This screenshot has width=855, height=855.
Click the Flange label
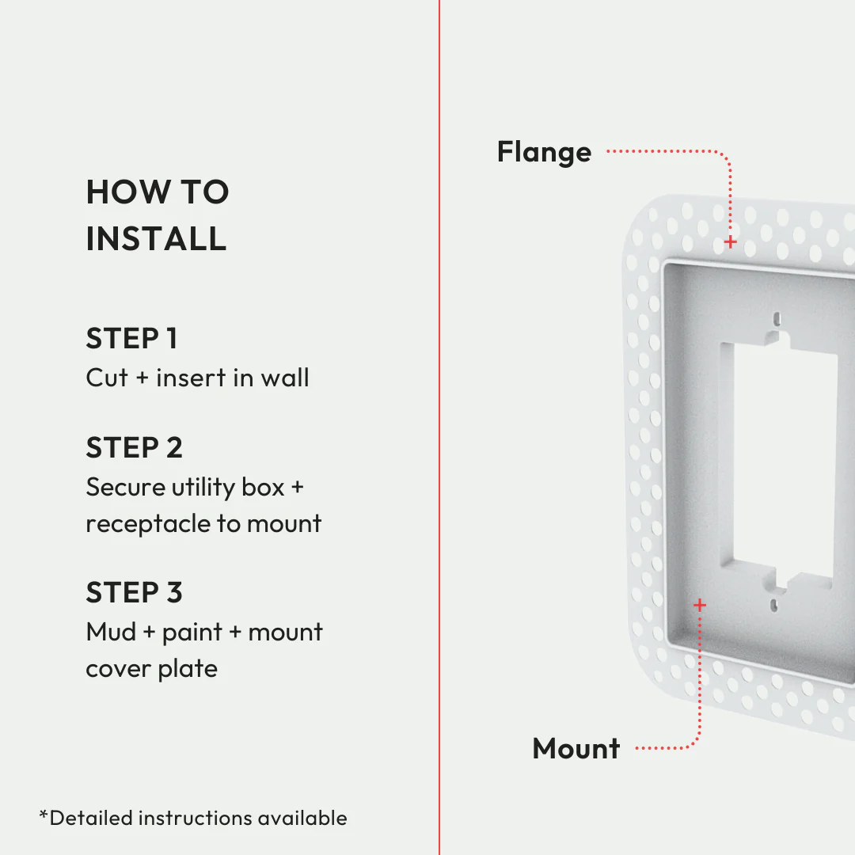[544, 151]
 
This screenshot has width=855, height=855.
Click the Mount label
[576, 748]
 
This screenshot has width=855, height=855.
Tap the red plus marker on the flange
[730, 241]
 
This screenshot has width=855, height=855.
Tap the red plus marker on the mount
[699, 605]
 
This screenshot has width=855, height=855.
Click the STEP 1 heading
[131, 338]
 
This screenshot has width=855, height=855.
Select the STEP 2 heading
[134, 447]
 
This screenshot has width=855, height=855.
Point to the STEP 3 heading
[134, 592]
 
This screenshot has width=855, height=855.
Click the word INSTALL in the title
[156, 238]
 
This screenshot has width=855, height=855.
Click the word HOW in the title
[120, 192]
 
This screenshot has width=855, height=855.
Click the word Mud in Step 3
[111, 632]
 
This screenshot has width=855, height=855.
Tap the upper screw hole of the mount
[777, 319]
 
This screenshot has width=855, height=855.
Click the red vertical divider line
[439, 427]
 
